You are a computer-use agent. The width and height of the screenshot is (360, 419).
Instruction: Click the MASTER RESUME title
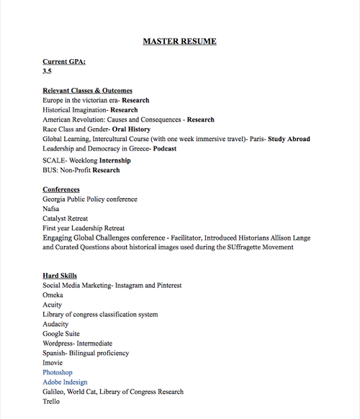click(x=179, y=41)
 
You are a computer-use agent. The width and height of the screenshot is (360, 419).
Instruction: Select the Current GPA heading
click(x=64, y=62)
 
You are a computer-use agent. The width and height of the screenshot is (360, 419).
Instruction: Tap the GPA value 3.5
click(x=48, y=72)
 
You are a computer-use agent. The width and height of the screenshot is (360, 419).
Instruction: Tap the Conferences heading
click(x=61, y=189)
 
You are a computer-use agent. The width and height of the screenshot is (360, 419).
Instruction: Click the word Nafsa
click(x=51, y=208)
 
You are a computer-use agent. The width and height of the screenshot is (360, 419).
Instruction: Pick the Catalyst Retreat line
click(x=67, y=217)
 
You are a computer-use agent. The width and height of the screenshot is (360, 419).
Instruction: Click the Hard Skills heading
click(x=60, y=276)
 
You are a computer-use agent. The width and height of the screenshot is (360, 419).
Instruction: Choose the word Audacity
click(x=56, y=324)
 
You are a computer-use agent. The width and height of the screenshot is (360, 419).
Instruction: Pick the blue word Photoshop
click(x=58, y=372)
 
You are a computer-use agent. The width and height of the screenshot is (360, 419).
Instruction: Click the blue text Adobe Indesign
click(x=65, y=382)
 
